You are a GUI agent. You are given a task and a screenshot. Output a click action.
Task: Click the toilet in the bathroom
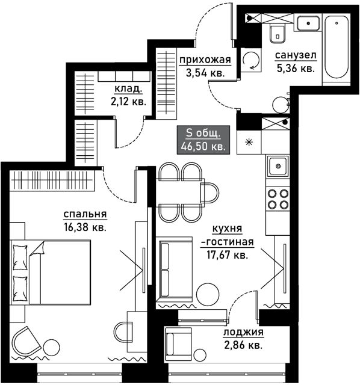pos(278,33)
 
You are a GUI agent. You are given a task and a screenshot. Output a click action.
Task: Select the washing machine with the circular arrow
pos(250,60)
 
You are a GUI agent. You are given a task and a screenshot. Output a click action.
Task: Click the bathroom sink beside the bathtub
pos(308,23)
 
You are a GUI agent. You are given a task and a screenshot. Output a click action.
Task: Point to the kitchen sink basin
pos(278,166)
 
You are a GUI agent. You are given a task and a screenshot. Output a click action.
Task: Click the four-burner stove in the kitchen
pos(278,199)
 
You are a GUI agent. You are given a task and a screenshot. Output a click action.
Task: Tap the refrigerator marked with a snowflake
pos(249,142)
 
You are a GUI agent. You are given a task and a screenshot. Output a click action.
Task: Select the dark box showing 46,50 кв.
pos(203,140)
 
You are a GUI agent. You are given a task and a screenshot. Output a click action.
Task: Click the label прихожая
pos(205,60)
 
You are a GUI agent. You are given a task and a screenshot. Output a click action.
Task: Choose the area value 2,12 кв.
pos(128,101)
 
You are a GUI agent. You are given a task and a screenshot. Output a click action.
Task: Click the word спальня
pos(85,214)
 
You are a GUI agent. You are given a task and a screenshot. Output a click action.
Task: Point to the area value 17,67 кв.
pos(227,255)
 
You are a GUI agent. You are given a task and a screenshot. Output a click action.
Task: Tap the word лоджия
pos(243,332)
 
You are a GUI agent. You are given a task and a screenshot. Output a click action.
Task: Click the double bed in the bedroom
pos(51,273)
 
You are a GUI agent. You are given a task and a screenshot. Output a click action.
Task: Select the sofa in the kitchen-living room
pos(174,269)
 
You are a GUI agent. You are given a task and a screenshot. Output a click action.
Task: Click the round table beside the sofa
pos(208,295)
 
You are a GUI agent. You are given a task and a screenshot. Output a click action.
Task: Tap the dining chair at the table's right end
pos(209,192)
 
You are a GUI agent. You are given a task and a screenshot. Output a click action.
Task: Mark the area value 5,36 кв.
pos(296,69)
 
